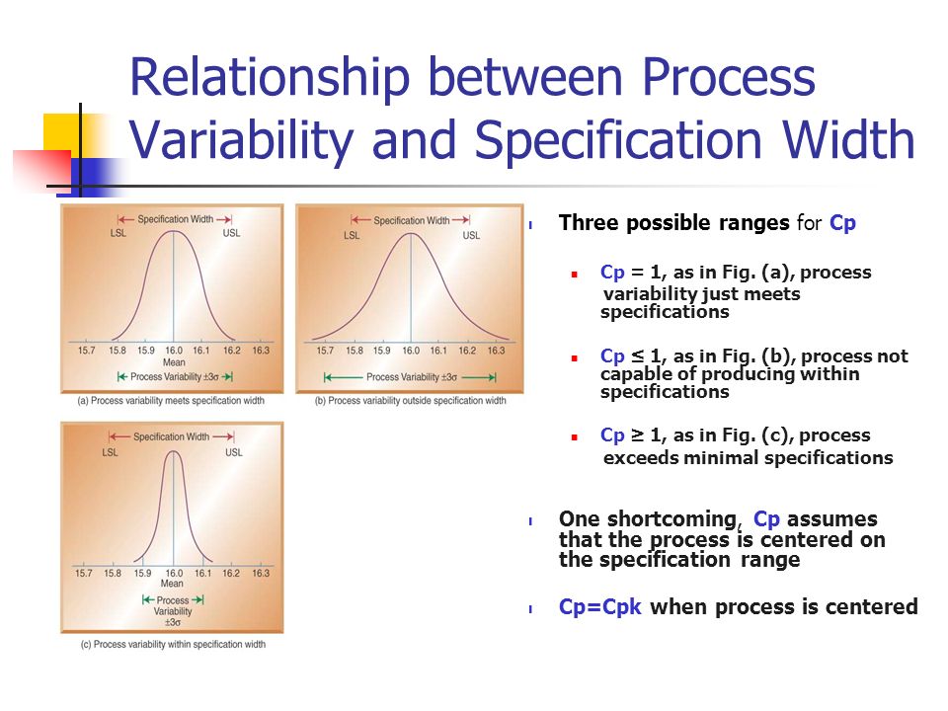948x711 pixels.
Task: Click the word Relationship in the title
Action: [270, 77]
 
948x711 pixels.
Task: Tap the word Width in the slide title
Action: [848, 139]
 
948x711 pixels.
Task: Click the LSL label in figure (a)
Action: [118, 233]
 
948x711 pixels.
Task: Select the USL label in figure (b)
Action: [471, 235]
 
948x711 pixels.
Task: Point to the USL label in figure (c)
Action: [234, 452]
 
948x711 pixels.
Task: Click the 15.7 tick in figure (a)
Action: [87, 350]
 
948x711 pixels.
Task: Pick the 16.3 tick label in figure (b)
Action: [496, 350]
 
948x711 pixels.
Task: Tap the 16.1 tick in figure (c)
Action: [203, 573]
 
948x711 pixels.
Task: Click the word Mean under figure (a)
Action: [174, 362]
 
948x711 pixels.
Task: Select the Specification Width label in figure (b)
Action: [411, 220]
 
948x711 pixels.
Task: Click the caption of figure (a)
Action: [171, 400]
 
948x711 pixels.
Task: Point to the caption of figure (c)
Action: [173, 645]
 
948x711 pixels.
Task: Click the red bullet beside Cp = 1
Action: [575, 275]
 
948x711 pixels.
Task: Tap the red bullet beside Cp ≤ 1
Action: [575, 357]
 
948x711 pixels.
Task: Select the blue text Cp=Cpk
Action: [599, 606]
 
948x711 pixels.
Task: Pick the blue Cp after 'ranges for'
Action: [842, 223]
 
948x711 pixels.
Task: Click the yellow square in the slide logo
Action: [61, 131]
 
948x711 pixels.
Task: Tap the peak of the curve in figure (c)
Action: [174, 451]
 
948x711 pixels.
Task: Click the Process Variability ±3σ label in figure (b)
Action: [411, 377]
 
